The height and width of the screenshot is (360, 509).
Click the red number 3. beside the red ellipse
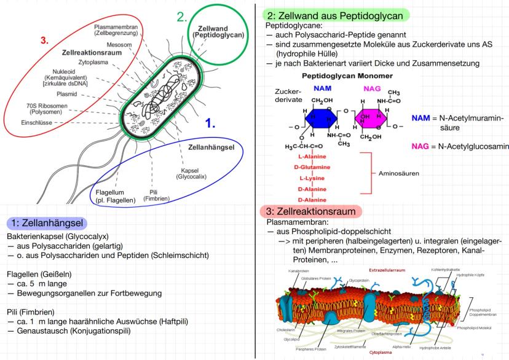click(44, 41)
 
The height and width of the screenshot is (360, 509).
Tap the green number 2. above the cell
click(182, 17)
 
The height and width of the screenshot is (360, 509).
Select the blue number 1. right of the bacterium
click(210, 123)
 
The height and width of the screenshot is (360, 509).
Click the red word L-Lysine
click(311, 178)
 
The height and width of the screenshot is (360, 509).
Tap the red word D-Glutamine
click(311, 168)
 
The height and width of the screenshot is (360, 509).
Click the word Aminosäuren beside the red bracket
click(400, 174)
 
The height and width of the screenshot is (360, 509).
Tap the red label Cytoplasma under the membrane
click(381, 353)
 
